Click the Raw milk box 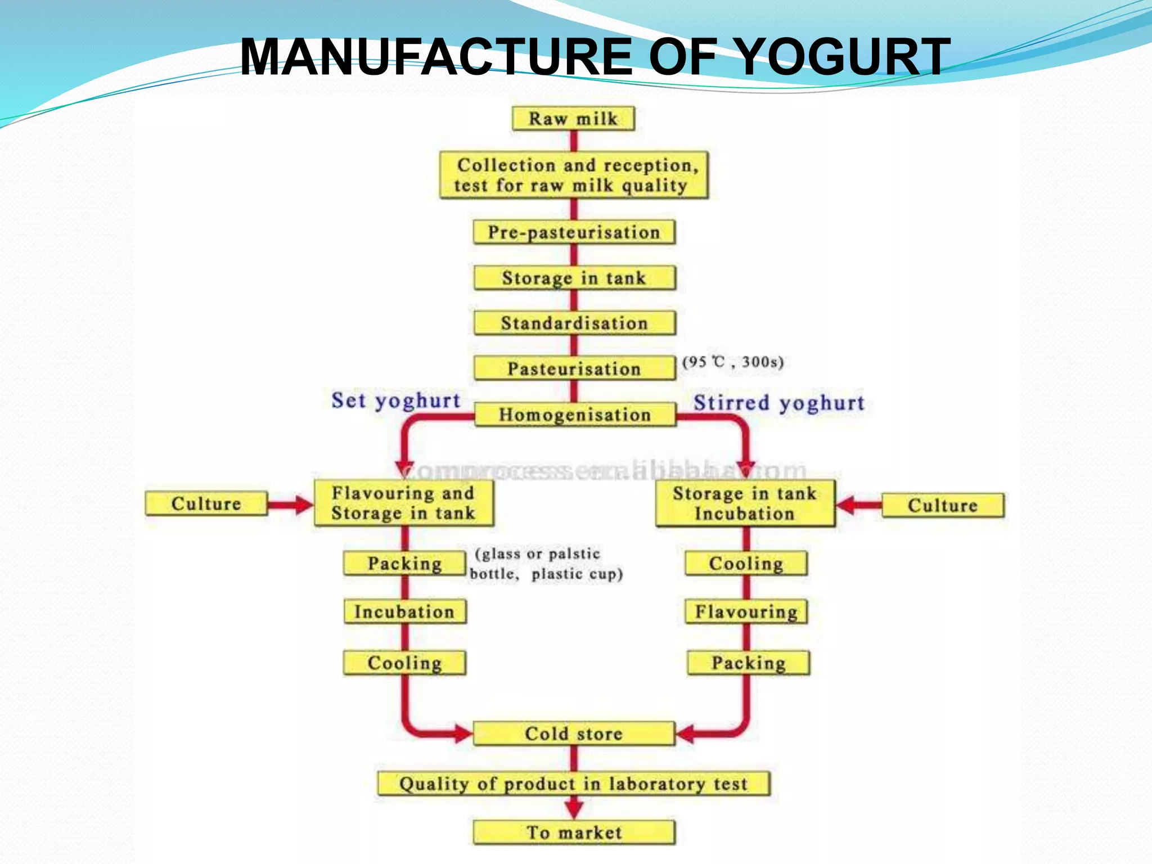(573, 119)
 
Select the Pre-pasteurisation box (574, 232)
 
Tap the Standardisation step (574, 323)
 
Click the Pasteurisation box (574, 368)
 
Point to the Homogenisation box (574, 415)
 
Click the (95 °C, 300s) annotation (732, 362)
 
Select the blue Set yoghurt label (396, 400)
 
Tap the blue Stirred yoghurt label (778, 403)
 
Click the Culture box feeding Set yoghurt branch (206, 503)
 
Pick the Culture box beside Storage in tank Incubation (942, 505)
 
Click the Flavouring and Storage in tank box (403, 503)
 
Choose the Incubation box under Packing (404, 611)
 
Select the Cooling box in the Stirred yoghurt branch (746, 563)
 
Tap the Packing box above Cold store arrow (748, 663)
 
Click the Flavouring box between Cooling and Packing (746, 611)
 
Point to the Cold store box (574, 733)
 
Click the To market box (574, 832)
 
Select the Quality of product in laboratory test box (574, 784)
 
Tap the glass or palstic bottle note (546, 564)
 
